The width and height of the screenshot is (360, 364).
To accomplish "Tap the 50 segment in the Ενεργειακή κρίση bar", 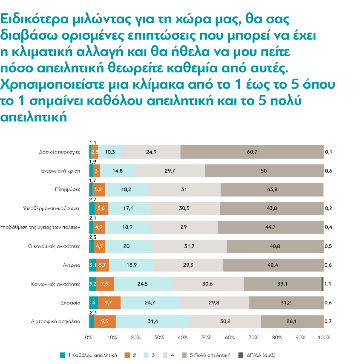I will [264, 171].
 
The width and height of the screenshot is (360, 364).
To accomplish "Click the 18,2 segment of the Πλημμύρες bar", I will [126, 190].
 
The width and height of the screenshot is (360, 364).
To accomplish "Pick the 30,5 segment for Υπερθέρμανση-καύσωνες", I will [184, 208].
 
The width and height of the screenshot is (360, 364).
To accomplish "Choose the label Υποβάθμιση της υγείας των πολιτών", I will [41, 227].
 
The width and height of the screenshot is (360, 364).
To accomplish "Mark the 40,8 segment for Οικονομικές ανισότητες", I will [275, 246].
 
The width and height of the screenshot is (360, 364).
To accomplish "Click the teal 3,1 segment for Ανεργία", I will [92, 265].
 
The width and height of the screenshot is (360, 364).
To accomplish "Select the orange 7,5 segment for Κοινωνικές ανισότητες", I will [105, 283].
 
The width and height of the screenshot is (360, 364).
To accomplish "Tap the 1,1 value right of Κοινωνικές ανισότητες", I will [328, 283].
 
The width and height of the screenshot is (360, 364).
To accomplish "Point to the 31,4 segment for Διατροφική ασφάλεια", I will [153, 321].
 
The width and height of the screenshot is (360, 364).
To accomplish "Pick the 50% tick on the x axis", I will [206, 338].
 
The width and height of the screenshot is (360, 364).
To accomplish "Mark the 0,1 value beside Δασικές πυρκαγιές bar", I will [328, 152].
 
